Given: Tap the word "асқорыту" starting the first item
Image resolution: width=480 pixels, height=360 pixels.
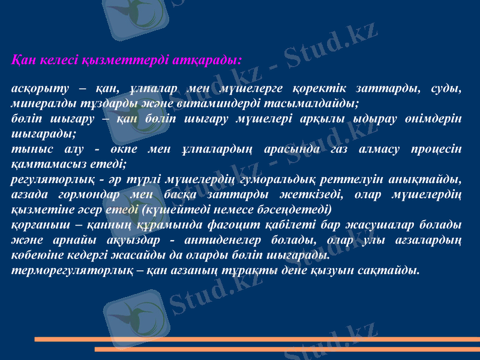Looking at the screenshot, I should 38,88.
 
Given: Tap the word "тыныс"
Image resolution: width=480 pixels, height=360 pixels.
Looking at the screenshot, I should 29,148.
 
